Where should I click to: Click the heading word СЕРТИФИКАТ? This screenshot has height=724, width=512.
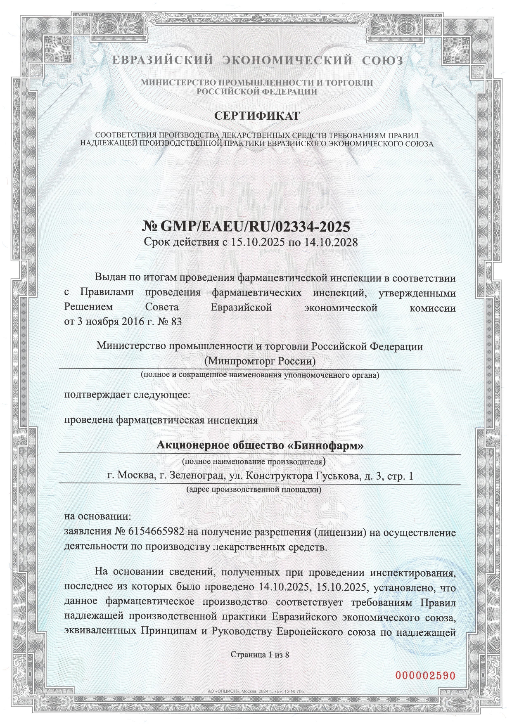coord(256,116)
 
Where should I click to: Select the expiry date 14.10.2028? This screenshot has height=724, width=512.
coord(331,242)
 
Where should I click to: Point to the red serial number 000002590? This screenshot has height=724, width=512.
coord(425,676)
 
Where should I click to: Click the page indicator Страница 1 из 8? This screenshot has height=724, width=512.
coord(260,654)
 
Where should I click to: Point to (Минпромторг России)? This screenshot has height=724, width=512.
coord(260,361)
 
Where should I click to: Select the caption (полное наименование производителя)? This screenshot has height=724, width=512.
coord(254,460)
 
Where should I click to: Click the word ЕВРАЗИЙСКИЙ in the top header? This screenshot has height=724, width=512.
coord(163,61)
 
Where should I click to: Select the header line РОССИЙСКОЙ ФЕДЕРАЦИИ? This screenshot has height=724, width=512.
coord(256,92)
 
